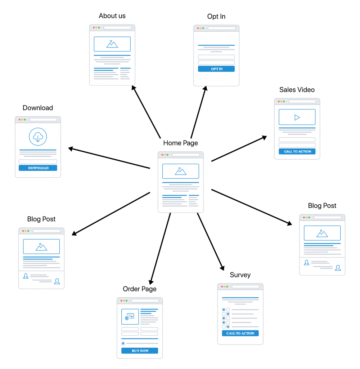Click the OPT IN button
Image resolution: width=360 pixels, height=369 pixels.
(x=216, y=69)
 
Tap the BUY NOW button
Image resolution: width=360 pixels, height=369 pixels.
(x=140, y=351)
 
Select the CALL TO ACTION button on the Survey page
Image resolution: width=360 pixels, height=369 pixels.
(x=240, y=333)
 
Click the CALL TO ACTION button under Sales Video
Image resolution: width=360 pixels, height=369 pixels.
(x=297, y=151)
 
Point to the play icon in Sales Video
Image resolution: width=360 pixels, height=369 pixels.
(x=297, y=117)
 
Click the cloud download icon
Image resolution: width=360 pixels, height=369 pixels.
(x=38, y=137)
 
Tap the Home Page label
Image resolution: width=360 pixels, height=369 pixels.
(x=180, y=143)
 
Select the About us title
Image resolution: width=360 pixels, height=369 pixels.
(x=112, y=16)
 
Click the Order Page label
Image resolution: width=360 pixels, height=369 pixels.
(x=140, y=289)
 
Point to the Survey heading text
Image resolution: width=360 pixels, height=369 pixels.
(x=240, y=275)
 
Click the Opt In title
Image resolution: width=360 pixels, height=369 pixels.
(x=216, y=17)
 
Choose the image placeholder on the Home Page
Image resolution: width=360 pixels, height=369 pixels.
(x=180, y=171)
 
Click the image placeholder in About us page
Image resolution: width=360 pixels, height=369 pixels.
(x=112, y=44)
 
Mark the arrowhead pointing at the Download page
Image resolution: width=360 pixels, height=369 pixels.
(x=71, y=148)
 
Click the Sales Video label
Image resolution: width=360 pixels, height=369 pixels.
(x=297, y=90)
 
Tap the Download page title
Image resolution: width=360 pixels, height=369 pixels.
(x=38, y=108)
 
